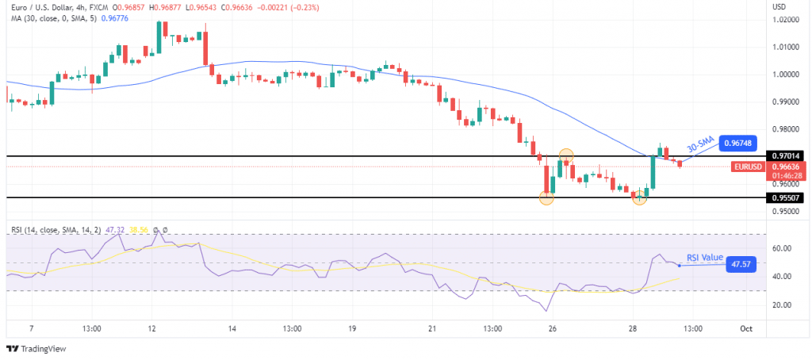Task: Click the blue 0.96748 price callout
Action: (741, 144)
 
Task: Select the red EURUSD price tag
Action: (749, 167)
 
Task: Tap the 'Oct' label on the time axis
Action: (745, 327)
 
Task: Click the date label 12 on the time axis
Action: (151, 327)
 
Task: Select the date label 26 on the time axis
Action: (551, 327)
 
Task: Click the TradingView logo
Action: (36, 349)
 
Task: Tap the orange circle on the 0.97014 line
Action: (566, 155)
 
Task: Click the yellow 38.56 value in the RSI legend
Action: (140, 230)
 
